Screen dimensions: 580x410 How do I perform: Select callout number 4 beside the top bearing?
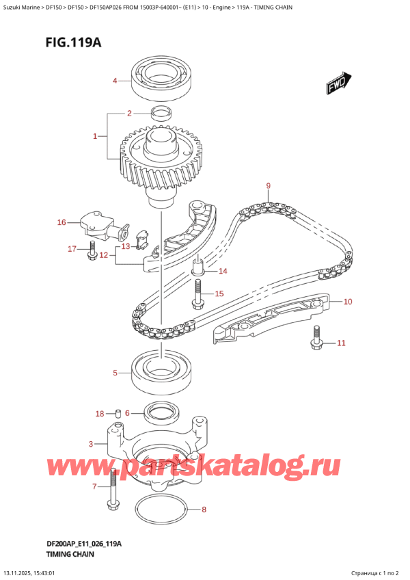pyautogui.click(x=115, y=81)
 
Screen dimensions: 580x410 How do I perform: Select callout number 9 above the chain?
pyautogui.click(x=269, y=185)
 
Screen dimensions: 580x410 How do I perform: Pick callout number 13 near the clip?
pyautogui.click(x=125, y=246)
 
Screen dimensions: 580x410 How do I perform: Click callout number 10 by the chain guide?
pyautogui.click(x=347, y=302)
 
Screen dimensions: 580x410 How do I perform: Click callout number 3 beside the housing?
pyautogui.click(x=92, y=445)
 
